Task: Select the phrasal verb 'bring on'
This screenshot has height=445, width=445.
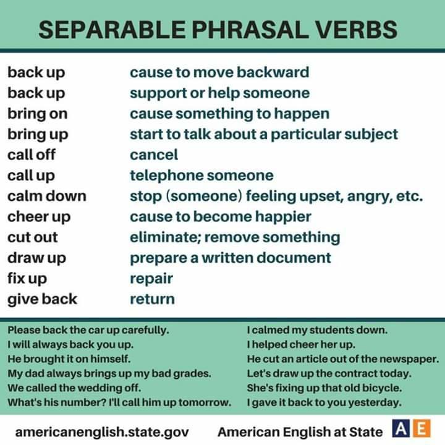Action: pos(38,114)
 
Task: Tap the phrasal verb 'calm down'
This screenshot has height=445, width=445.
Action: pos(47,197)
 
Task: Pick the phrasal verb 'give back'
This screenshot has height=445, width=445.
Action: pos(42,299)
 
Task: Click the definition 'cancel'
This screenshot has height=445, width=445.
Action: pos(153,155)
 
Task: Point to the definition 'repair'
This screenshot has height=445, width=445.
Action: pos(151,279)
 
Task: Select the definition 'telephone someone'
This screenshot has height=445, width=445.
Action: pos(201,176)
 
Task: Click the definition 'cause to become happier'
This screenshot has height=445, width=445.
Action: pos(220,217)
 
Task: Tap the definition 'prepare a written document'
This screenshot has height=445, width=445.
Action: pos(230,258)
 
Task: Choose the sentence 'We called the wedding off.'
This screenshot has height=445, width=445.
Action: pos(74,388)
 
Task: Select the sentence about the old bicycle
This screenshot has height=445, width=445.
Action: pos(324,388)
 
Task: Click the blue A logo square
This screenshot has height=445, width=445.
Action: pos(399,428)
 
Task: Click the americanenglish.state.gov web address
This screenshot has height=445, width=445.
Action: pos(102,431)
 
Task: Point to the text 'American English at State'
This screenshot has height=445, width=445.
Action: pos(300,431)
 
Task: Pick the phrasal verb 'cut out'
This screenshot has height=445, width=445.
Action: pos(33,237)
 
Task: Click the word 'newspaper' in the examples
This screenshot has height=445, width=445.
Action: pos(413,358)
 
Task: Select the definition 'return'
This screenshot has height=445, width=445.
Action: pos(152,299)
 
